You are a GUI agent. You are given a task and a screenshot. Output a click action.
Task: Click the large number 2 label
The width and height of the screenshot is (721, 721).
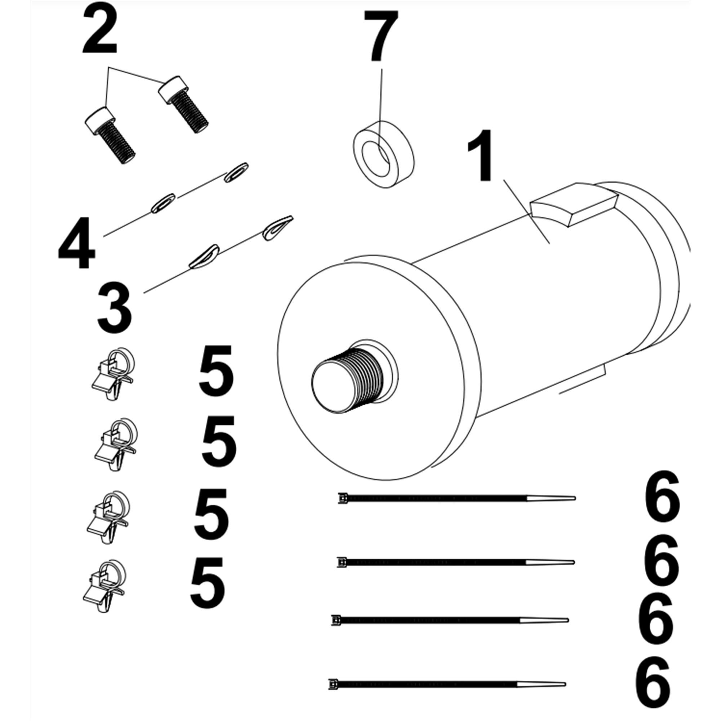pos(100,30)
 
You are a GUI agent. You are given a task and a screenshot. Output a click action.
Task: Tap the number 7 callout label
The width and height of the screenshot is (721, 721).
pos(380,36)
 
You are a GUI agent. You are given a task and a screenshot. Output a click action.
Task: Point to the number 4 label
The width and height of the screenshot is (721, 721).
pos(76,243)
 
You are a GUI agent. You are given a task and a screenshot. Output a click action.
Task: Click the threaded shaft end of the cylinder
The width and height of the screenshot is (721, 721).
pos(347,381)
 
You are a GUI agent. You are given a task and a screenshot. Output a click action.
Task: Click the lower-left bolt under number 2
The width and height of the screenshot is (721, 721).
pos(110,135)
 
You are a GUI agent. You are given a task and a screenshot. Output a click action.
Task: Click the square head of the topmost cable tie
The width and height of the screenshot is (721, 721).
pos(342,498)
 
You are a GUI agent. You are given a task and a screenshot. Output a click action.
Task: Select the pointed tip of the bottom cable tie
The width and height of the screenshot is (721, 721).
pos(565,694)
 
